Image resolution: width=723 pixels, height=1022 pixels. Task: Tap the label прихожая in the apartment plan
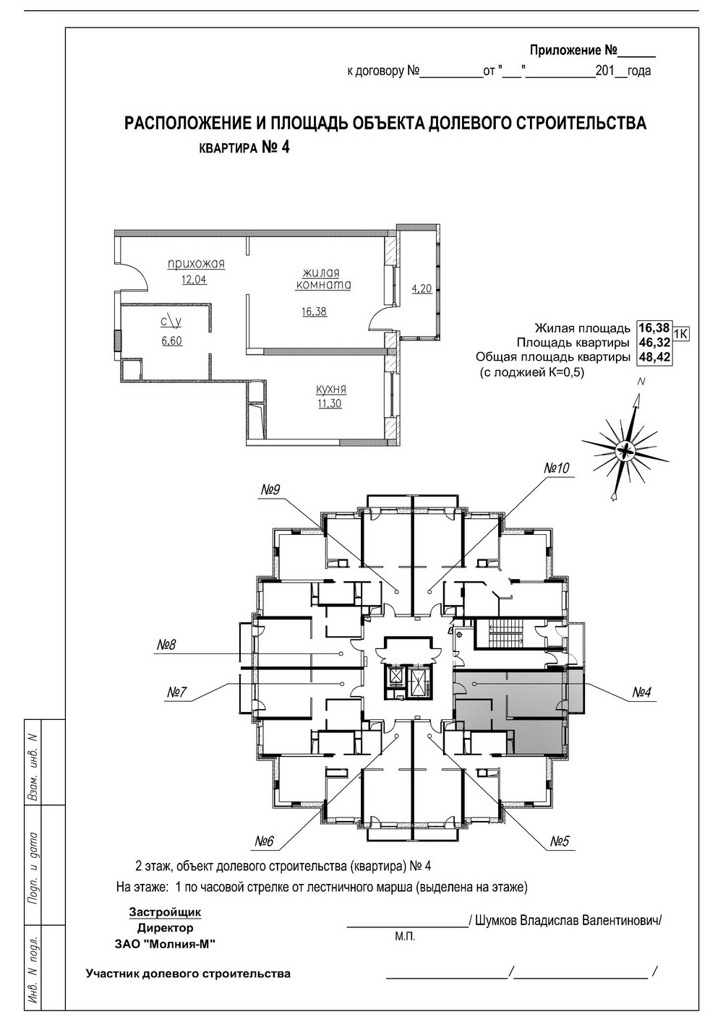(196, 264)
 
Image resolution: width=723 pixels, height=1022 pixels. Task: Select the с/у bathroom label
(171, 322)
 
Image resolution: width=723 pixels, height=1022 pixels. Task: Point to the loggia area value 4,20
(422, 289)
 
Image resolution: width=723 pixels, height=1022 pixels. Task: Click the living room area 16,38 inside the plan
(314, 312)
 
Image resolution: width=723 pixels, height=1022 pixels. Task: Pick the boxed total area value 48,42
(654, 356)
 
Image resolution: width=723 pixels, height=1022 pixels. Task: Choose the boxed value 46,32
(654, 342)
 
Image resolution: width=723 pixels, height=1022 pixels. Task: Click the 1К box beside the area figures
(680, 334)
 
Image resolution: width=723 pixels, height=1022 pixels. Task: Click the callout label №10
(557, 468)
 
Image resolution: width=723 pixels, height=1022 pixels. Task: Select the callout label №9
(270, 489)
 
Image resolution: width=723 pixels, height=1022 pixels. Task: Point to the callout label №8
(166, 645)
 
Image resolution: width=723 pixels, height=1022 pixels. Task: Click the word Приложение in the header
(565, 50)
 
